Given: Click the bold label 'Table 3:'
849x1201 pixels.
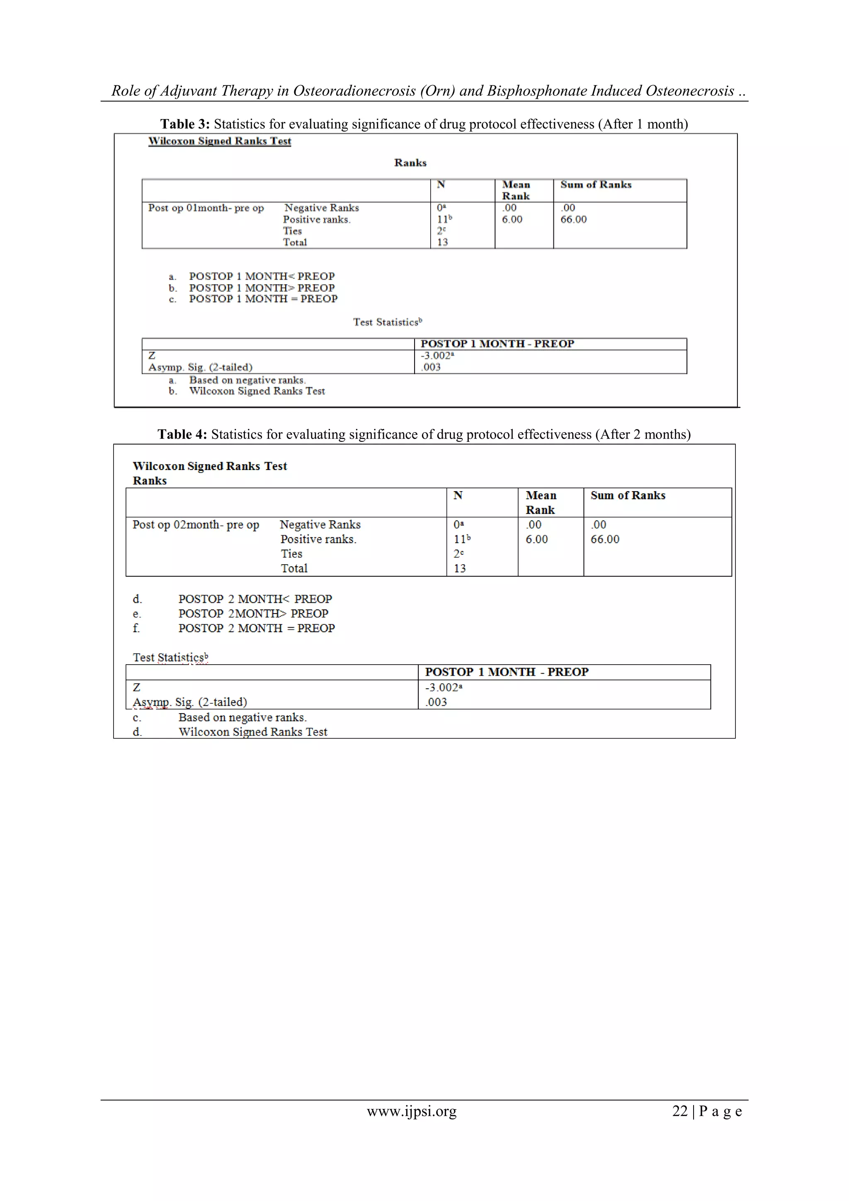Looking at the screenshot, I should (x=184, y=124).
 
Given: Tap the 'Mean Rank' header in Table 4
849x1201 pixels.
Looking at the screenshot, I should (x=541, y=502).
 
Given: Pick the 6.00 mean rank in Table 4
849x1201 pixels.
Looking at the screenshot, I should (x=536, y=539).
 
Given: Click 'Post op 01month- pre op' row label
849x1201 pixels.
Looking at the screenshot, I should (x=206, y=208).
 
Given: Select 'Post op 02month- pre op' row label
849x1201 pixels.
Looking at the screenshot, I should (x=196, y=525).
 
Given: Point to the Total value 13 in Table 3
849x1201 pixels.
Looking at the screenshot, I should (x=442, y=242).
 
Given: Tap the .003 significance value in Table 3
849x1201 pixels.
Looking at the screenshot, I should (x=431, y=367).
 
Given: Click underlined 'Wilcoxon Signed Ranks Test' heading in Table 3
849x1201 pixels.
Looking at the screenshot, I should (x=220, y=141).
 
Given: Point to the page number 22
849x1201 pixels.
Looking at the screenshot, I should (x=679, y=1111).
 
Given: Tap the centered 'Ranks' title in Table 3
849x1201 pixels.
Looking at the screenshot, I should (x=410, y=163).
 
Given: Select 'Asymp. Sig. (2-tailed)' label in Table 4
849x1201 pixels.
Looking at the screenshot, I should (x=190, y=702).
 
